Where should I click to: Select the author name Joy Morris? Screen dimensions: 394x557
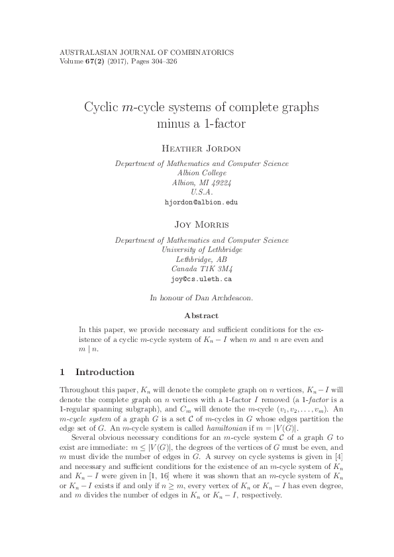197,225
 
